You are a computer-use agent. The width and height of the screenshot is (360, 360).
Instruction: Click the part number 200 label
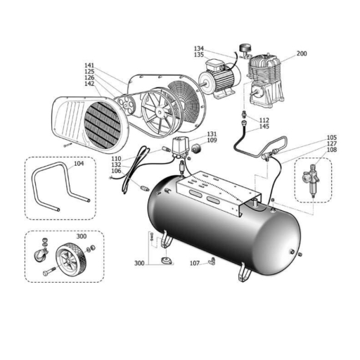click(302, 53)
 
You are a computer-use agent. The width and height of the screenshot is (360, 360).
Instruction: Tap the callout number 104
click(79, 164)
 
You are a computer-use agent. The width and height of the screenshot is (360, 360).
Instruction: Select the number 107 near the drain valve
click(195, 264)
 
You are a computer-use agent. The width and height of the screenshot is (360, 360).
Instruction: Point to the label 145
click(264, 127)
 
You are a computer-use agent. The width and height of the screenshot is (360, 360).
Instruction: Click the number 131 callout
click(212, 134)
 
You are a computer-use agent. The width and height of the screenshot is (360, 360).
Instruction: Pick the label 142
click(89, 84)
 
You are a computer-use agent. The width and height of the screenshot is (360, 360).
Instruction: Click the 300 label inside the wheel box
click(82, 236)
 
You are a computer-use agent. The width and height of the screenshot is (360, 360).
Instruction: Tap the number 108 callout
click(332, 150)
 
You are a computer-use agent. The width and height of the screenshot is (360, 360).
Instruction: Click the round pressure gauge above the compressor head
click(245, 48)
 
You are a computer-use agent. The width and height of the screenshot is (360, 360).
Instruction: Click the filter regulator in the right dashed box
click(311, 180)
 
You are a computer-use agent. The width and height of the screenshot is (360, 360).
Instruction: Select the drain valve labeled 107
click(212, 261)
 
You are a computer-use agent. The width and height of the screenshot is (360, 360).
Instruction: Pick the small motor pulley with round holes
click(127, 103)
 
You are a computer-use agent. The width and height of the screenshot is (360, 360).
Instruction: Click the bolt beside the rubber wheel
click(49, 271)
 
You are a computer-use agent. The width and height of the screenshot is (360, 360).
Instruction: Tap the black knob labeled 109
click(197, 148)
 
